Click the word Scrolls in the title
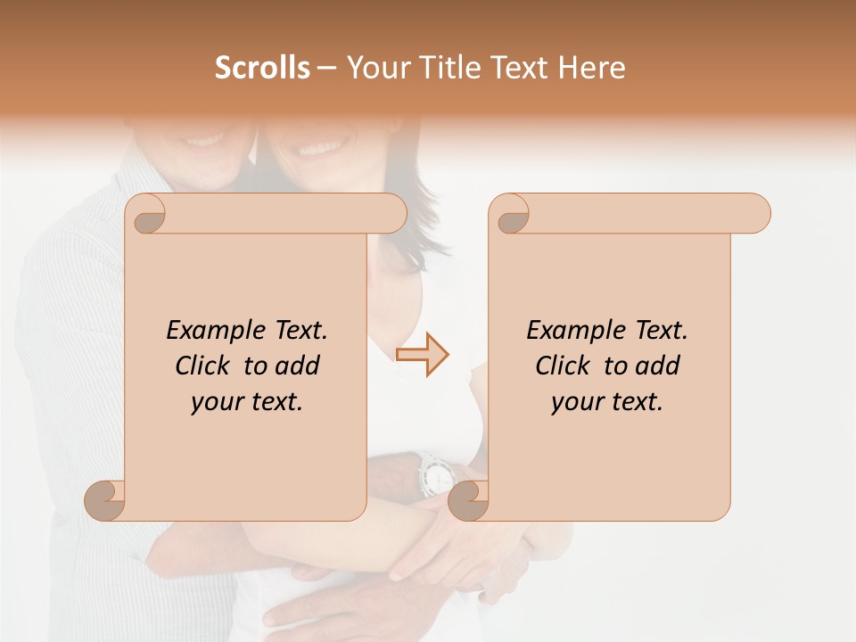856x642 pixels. pyautogui.click(x=263, y=68)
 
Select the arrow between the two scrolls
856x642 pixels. pyautogui.click(x=422, y=355)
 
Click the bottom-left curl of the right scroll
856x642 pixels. pyautogui.click(x=467, y=500)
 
